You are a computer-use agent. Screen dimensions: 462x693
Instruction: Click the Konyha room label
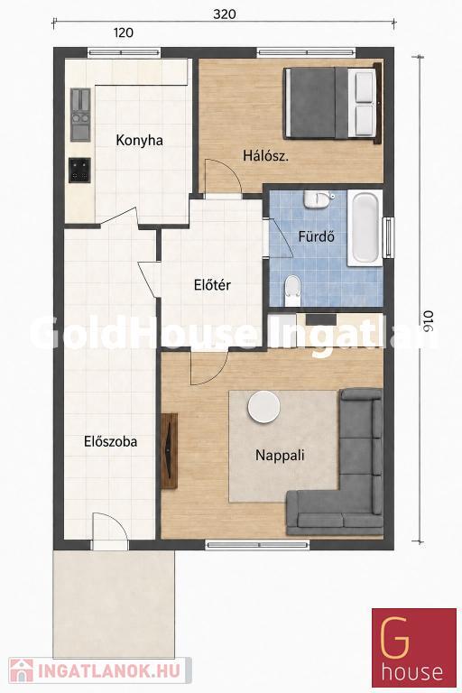pos(139,141)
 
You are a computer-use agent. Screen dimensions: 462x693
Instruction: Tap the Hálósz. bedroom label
pos(265,155)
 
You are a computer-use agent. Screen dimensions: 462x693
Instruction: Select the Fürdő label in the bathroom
pos(316,236)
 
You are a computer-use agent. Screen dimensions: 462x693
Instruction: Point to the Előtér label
pos(212,285)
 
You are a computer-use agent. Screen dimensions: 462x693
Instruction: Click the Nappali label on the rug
pos(280,455)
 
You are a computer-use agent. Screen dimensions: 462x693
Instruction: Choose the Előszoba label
pos(110,441)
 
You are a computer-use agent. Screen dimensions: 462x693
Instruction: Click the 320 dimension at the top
pos(225,14)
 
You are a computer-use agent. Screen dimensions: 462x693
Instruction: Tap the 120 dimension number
pos(124,32)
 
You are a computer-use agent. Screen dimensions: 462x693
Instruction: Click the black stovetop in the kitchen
pos(79,171)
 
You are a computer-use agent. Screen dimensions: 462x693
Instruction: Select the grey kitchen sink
pos(80,115)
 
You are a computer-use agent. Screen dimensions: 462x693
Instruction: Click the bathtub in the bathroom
pos(365,227)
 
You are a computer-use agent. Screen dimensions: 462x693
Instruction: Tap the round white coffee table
pos(264,407)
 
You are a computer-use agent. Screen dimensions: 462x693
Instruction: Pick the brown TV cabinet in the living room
pos(169,451)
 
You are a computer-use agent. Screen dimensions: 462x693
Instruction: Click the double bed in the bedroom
pos(332,103)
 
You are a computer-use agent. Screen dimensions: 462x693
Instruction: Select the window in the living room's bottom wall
pos(258,544)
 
